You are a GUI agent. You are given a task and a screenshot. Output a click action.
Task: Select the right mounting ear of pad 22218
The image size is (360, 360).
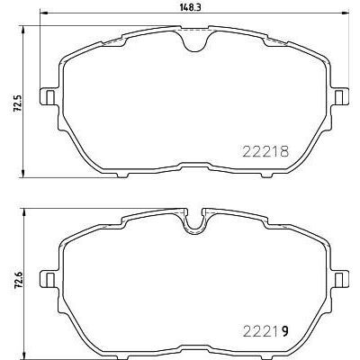341,95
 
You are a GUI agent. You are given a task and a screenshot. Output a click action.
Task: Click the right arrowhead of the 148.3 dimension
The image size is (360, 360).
346,15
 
